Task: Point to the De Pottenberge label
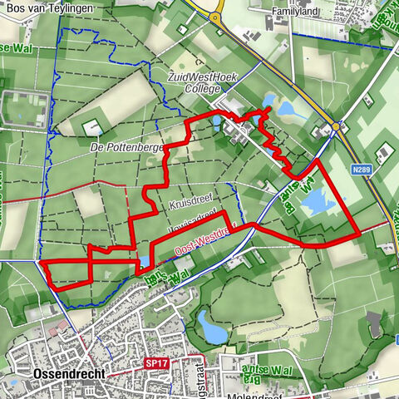[126, 146]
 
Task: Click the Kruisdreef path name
[173, 204]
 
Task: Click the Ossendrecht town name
[69, 374]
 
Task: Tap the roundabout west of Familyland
[218, 17]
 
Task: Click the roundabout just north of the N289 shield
[335, 126]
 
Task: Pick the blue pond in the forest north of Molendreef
[213, 332]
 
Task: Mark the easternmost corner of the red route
[358, 234]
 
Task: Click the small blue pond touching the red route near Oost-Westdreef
[144, 261]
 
